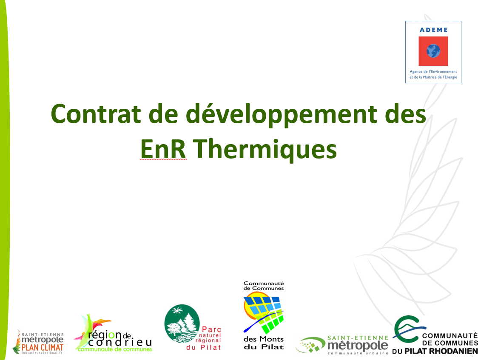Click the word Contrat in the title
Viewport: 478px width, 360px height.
[96, 114]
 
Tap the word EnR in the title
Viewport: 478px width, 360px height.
[163, 149]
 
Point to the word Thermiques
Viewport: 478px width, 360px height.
[265, 150]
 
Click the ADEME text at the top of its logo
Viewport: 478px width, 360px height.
[433, 30]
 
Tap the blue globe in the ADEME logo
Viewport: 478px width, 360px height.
[433, 51]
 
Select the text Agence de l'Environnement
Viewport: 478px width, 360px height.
[433, 71]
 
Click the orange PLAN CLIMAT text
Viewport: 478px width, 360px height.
[43, 348]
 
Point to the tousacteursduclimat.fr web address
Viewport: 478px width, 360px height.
[42, 353]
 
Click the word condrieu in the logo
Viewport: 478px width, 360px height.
[120, 342]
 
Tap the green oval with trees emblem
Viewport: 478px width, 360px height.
[182, 323]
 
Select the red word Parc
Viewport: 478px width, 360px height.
[211, 329]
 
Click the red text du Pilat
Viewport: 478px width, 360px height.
[203, 347]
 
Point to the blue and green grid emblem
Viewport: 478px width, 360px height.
[263, 312]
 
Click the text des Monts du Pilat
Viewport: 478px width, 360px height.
[264, 343]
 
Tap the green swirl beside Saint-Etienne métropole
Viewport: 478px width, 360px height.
[310, 345]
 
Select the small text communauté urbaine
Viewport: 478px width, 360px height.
[358, 353]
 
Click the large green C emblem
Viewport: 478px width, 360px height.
[407, 330]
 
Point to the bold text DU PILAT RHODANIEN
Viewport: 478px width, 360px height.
[435, 351]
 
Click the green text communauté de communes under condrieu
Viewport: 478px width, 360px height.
[115, 349]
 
